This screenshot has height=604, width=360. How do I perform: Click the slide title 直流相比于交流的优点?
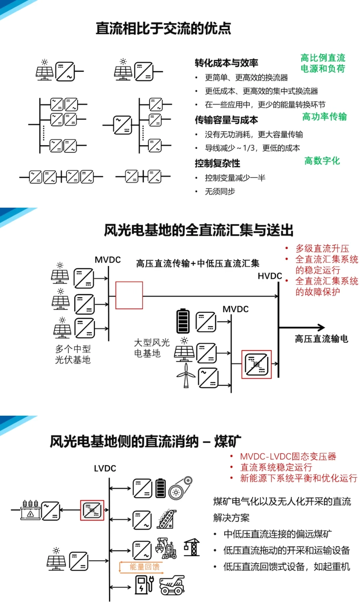click(163, 28)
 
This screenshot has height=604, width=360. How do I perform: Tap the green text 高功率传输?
click(324, 117)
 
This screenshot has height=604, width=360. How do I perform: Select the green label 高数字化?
click(322, 161)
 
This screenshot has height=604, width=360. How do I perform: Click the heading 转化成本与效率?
click(226, 63)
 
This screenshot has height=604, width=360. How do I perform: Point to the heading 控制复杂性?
click(217, 163)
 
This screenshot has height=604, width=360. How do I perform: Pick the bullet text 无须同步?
click(220, 192)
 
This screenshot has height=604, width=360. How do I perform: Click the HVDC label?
click(270, 276)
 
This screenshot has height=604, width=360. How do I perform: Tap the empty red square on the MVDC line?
click(129, 295)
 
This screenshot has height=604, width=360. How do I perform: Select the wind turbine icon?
click(186, 375)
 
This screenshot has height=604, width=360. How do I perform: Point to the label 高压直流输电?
click(321, 339)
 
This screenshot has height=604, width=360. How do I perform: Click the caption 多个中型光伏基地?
click(73, 354)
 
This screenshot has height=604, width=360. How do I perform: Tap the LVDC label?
click(105, 469)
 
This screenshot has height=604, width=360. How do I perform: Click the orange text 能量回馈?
click(144, 566)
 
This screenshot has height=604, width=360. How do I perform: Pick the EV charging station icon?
click(144, 584)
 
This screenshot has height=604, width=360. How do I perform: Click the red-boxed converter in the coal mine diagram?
click(92, 510)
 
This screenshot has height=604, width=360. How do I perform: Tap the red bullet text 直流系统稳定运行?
click(276, 467)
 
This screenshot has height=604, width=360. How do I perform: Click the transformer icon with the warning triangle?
click(30, 510)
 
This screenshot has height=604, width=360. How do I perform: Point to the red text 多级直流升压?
click(322, 249)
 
